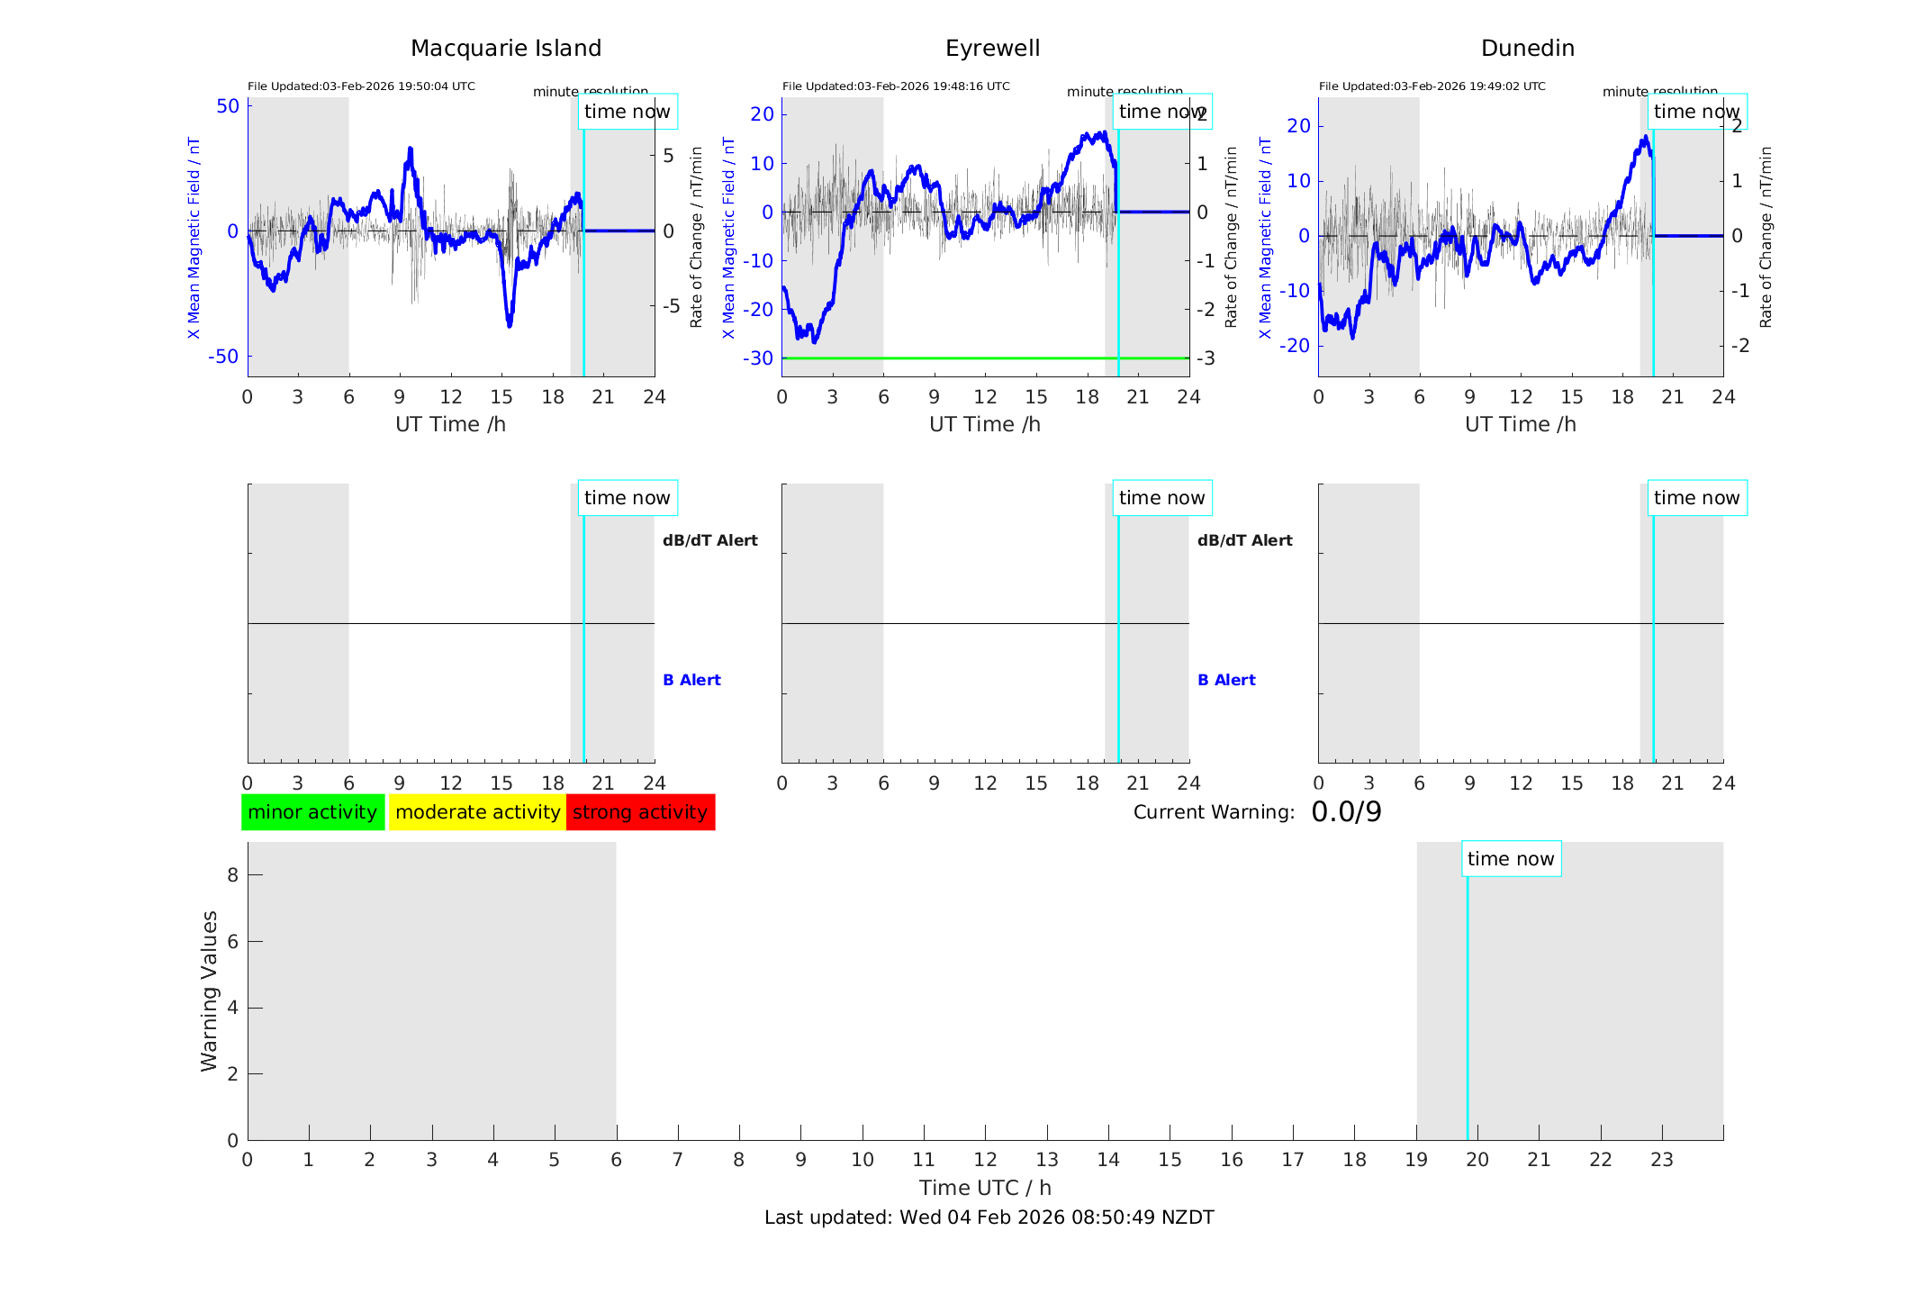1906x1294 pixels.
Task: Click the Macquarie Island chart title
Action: (x=505, y=49)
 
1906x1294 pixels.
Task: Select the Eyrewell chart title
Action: (x=992, y=49)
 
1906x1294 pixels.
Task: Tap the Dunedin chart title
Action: (x=1527, y=49)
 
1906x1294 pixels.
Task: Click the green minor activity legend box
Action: (x=312, y=812)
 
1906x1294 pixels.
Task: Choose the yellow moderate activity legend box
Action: (x=477, y=812)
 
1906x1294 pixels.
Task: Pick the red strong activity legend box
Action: (x=640, y=812)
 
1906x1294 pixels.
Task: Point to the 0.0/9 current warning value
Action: (x=1346, y=812)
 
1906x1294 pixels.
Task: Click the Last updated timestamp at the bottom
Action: (x=989, y=1217)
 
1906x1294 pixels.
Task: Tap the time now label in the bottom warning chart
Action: (x=1511, y=859)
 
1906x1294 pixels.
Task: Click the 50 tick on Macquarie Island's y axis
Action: (x=228, y=106)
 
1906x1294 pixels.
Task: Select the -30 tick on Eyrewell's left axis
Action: (x=758, y=358)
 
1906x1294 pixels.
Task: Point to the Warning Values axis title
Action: (x=209, y=991)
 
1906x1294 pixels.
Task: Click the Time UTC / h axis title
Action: (x=985, y=1188)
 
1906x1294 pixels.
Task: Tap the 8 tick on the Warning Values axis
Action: (x=232, y=874)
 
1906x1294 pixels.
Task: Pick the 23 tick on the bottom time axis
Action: (x=1661, y=1160)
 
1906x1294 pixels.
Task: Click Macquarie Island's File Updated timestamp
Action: (x=361, y=86)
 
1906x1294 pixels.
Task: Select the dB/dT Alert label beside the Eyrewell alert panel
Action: (x=1244, y=540)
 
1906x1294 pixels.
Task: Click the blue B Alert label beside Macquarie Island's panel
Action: (x=691, y=680)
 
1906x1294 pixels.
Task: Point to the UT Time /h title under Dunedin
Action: (x=1520, y=424)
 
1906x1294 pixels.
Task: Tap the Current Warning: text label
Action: (x=1214, y=812)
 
